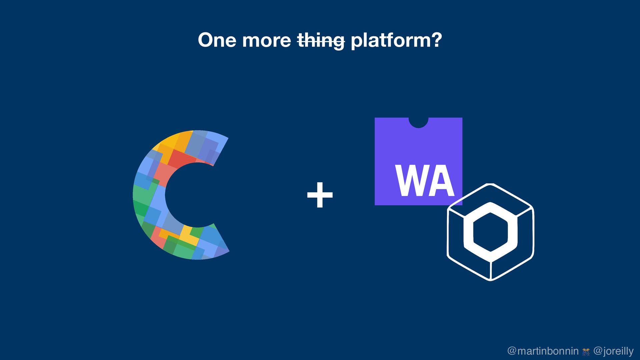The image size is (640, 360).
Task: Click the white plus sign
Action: (x=320, y=195)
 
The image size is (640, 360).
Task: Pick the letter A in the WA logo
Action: (x=441, y=181)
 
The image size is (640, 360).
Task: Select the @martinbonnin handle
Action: (x=543, y=351)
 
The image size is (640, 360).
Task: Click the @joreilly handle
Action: (x=613, y=351)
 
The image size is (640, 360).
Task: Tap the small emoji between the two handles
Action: (x=586, y=352)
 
